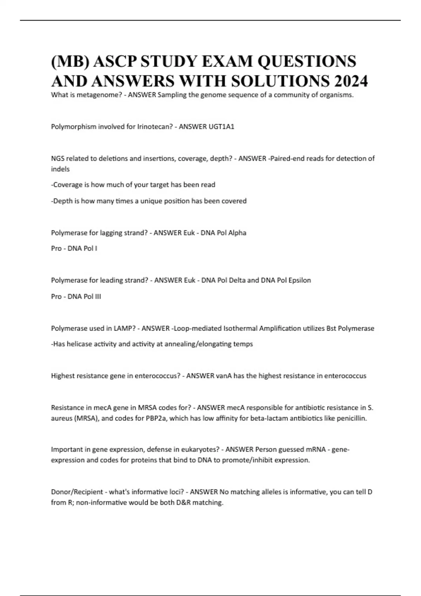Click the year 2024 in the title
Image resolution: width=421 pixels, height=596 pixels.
351,81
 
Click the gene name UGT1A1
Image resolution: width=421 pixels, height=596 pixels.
221,127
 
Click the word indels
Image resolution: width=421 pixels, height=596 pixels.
60,169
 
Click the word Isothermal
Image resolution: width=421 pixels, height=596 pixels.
240,329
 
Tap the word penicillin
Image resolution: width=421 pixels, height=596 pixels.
352,418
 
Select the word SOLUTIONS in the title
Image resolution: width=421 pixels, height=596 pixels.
276,81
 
